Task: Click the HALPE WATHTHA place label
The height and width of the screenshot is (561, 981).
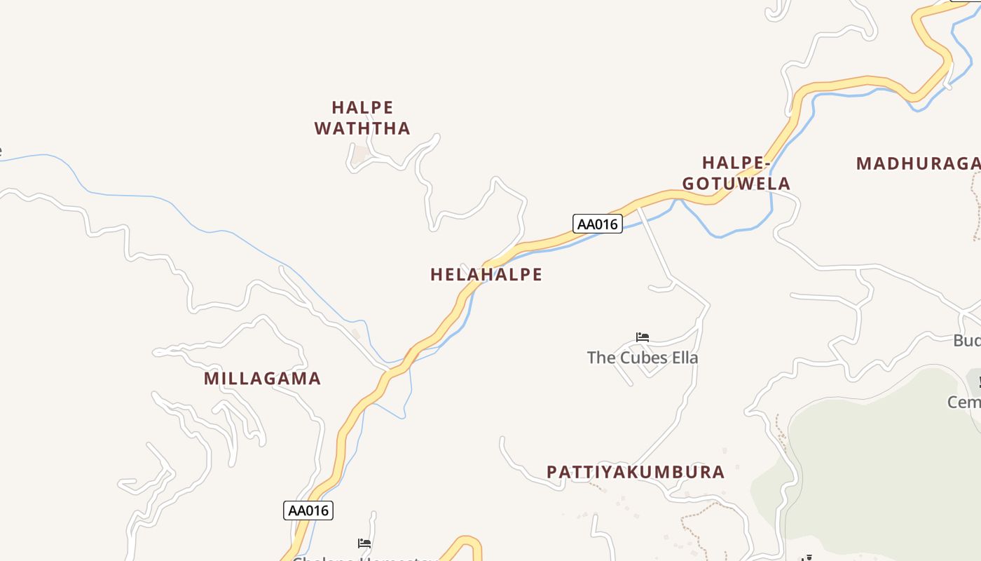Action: tap(362, 118)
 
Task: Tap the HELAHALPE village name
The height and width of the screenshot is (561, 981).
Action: tap(486, 274)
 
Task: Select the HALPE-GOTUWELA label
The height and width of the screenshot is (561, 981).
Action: tap(736, 173)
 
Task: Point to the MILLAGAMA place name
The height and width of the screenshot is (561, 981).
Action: tap(262, 379)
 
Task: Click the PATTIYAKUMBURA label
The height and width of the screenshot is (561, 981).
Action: tap(636, 472)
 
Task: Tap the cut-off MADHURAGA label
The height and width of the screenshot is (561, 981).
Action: tap(918, 164)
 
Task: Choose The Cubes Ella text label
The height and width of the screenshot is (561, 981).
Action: tap(643, 358)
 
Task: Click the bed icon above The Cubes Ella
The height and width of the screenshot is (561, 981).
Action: tap(642, 337)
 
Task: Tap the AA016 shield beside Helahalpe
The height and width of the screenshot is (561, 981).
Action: tap(598, 224)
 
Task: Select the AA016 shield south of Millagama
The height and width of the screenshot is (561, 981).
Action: tap(308, 510)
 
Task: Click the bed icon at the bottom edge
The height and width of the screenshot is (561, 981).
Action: tap(364, 543)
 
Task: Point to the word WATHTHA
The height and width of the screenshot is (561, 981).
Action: tap(362, 128)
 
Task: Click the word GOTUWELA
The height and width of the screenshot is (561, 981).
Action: tap(736, 184)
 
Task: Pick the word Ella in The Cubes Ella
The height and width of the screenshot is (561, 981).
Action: tap(682, 358)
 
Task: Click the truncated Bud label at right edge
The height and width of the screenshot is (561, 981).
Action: tap(967, 341)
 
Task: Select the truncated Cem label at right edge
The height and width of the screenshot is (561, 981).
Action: tap(964, 403)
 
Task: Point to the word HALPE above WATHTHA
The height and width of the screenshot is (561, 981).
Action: tap(362, 107)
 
